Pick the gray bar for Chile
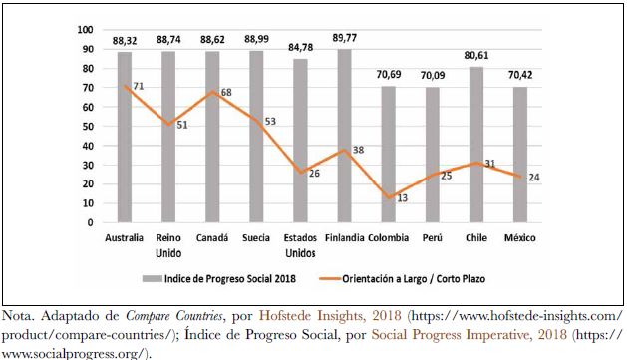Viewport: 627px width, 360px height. pos(476,145)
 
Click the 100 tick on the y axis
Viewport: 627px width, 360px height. pos(86,30)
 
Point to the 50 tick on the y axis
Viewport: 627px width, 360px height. pos(89,127)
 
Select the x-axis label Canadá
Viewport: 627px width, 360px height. pos(212,239)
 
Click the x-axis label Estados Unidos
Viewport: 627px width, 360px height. pos(300,245)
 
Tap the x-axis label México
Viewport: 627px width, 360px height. pos(519,239)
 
